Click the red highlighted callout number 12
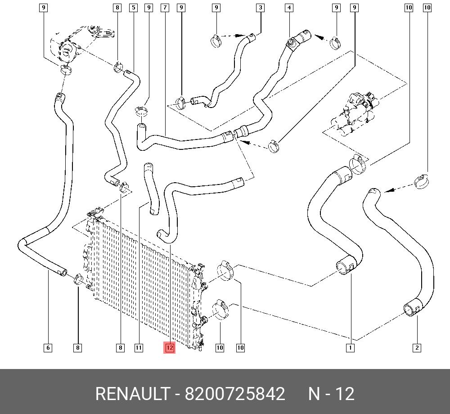coord(170,347)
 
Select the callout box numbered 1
coord(350,347)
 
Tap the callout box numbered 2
coord(417,347)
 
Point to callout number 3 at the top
coord(261,8)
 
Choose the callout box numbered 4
coord(289,8)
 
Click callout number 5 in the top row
coord(134,8)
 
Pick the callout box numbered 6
coord(48,347)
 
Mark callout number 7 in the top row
coord(165,8)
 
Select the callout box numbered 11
coord(139,347)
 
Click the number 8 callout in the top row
coord(117,8)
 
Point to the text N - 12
coord(331,394)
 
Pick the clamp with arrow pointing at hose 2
coord(421,181)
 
